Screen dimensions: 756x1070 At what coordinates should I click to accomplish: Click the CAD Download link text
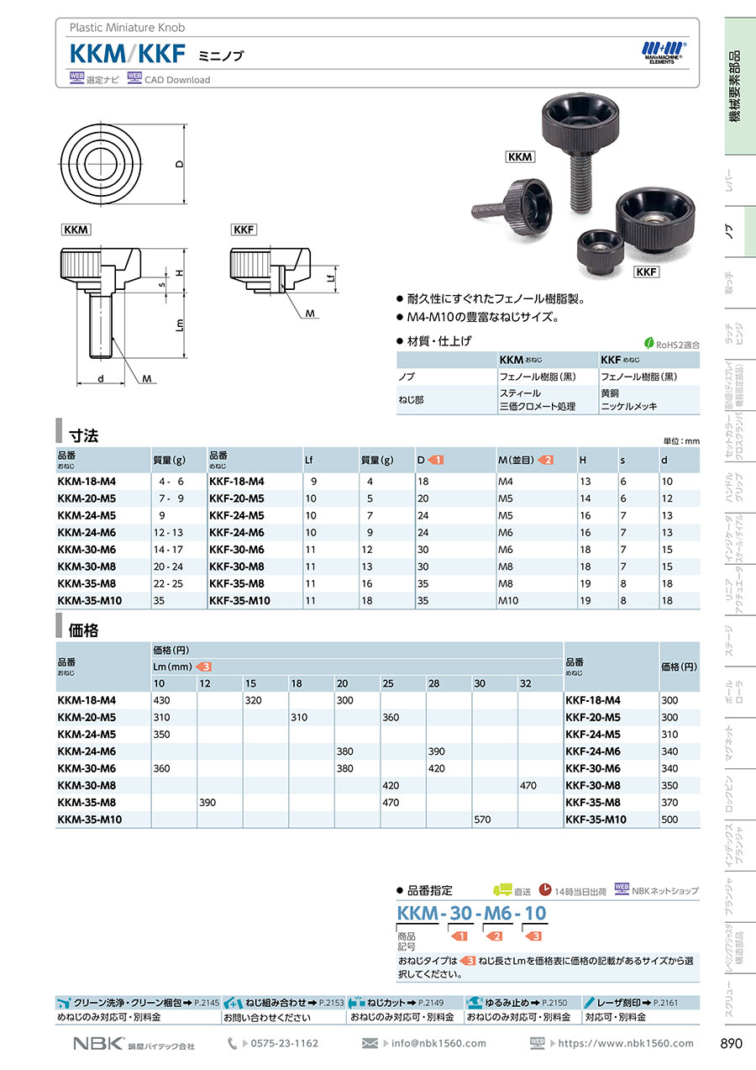(x=177, y=80)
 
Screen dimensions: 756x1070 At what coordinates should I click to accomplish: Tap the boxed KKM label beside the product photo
(x=520, y=156)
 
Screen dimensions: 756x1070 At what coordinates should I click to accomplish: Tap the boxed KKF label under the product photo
(x=646, y=271)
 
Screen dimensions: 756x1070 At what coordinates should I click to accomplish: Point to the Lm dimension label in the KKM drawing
(x=180, y=325)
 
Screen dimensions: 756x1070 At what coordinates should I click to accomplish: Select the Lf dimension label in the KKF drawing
(x=330, y=276)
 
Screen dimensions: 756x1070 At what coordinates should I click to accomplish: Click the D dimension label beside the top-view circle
(x=180, y=164)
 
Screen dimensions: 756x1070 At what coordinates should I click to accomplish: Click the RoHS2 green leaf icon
(x=648, y=342)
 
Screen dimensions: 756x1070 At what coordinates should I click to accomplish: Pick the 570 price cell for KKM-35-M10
(x=482, y=820)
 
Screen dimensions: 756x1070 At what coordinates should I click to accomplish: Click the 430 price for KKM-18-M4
(x=161, y=700)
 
